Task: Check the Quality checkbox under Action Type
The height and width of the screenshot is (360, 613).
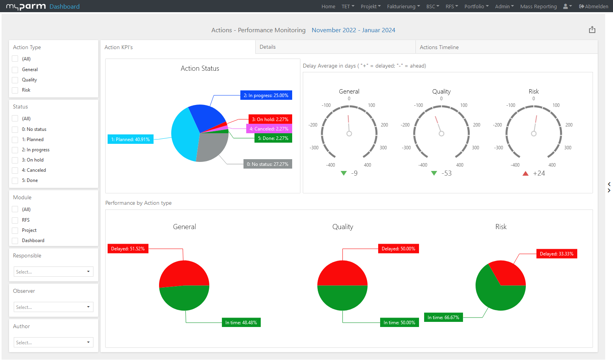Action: click(15, 80)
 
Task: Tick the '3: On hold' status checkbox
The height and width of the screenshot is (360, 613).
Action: click(15, 160)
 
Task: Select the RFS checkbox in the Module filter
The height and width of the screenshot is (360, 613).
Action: click(15, 220)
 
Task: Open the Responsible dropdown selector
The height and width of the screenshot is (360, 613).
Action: click(53, 272)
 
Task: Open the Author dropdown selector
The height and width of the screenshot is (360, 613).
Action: click(53, 342)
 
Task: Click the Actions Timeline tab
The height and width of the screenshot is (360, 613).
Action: click(439, 47)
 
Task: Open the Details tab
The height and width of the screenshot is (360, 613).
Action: click(267, 47)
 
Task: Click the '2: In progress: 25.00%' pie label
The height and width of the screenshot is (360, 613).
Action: click(266, 96)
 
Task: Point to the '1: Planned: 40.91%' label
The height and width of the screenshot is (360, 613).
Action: click(130, 140)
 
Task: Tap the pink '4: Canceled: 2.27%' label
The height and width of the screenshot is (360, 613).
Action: click(269, 129)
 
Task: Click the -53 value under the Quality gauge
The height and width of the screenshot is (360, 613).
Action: click(446, 173)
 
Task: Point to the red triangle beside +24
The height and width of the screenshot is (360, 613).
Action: click(525, 173)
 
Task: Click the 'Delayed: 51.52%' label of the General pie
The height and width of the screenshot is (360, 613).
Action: click(128, 249)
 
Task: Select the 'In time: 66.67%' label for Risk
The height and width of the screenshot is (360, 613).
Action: click(443, 318)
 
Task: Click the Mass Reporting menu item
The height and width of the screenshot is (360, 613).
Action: click(538, 6)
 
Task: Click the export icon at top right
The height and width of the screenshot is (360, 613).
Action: click(592, 30)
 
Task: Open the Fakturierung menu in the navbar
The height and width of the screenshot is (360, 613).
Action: click(403, 6)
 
